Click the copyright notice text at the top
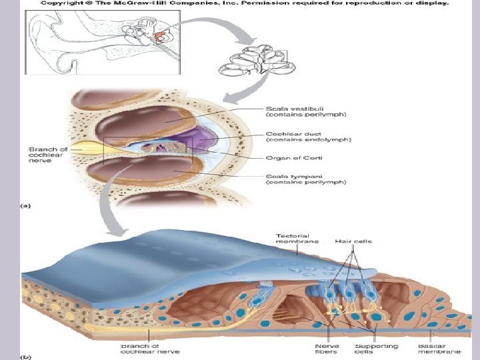[245, 3]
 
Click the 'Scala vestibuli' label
[273, 111]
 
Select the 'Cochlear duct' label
[274, 135]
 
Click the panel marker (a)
[25, 206]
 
